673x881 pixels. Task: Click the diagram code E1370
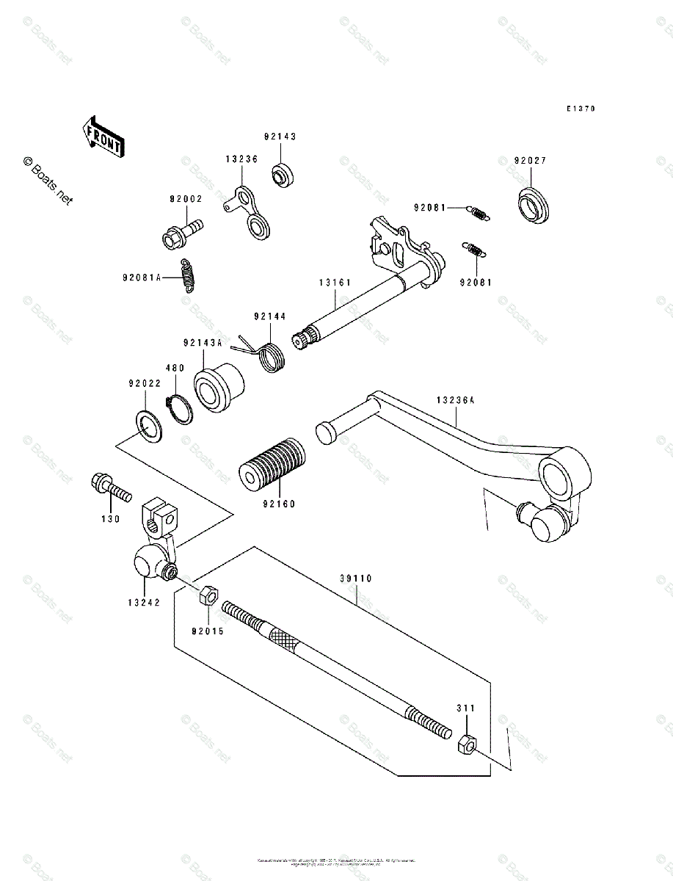(580, 109)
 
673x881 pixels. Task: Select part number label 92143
(280, 137)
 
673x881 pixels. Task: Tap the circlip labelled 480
(179, 408)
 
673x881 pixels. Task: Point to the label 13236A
(456, 401)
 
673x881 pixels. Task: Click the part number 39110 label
(357, 579)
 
